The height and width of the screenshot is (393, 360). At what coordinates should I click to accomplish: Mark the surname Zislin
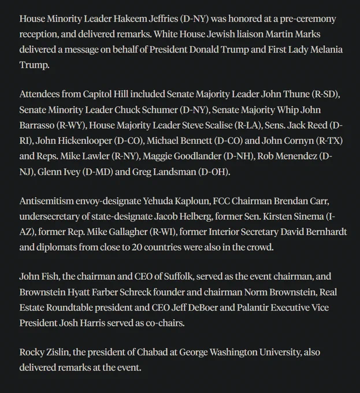click(x=65, y=352)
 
